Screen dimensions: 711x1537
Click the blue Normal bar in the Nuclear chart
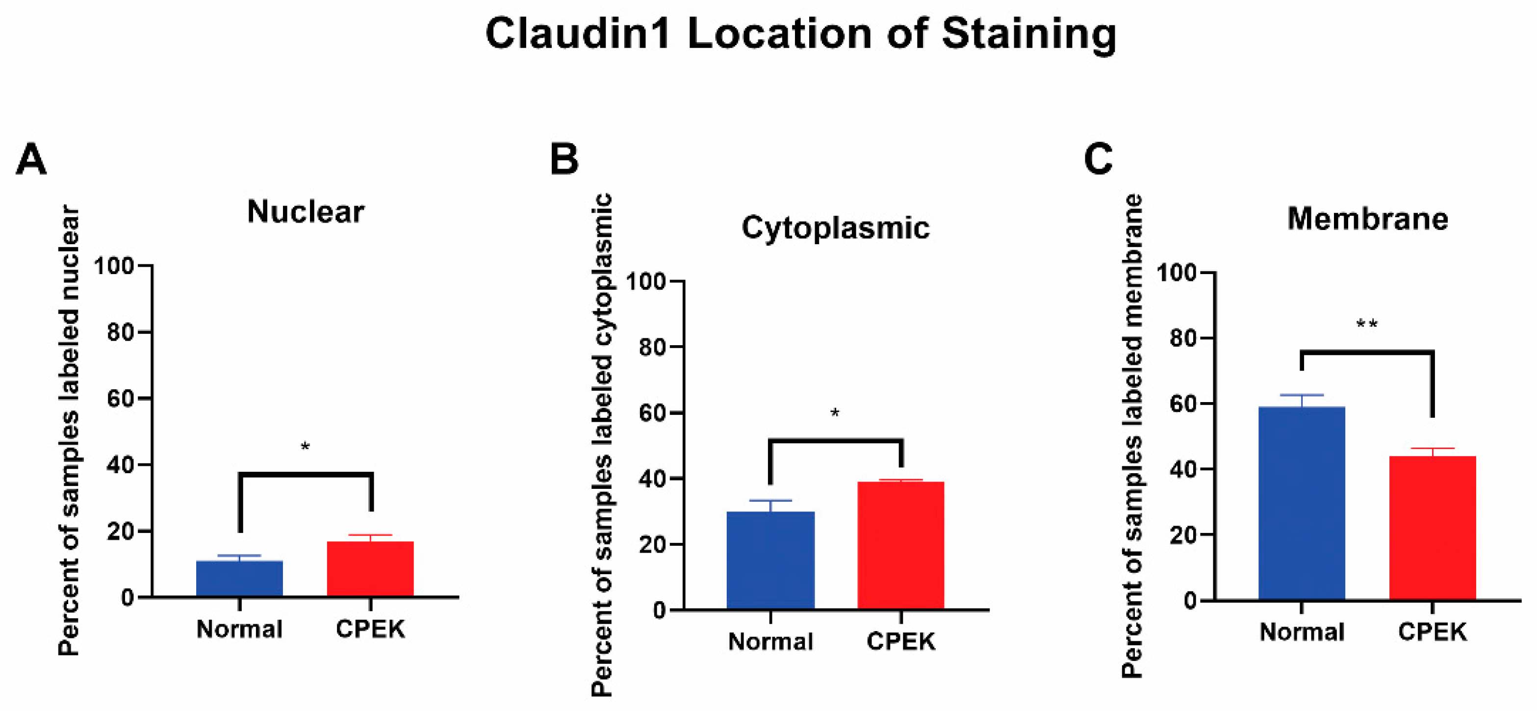239,578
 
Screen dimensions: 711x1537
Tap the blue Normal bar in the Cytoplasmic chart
770,560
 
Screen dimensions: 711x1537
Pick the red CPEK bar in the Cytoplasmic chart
900,545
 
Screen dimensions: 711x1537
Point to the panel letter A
31,160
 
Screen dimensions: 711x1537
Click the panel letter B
564,160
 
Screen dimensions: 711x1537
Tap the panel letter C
1098,160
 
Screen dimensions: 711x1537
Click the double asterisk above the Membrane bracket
1366,325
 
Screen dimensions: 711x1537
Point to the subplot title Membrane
1367,219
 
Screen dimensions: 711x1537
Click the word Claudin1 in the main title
578,34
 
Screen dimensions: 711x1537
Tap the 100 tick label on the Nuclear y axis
114,266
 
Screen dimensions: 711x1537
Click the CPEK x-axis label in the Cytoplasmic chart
900,642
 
